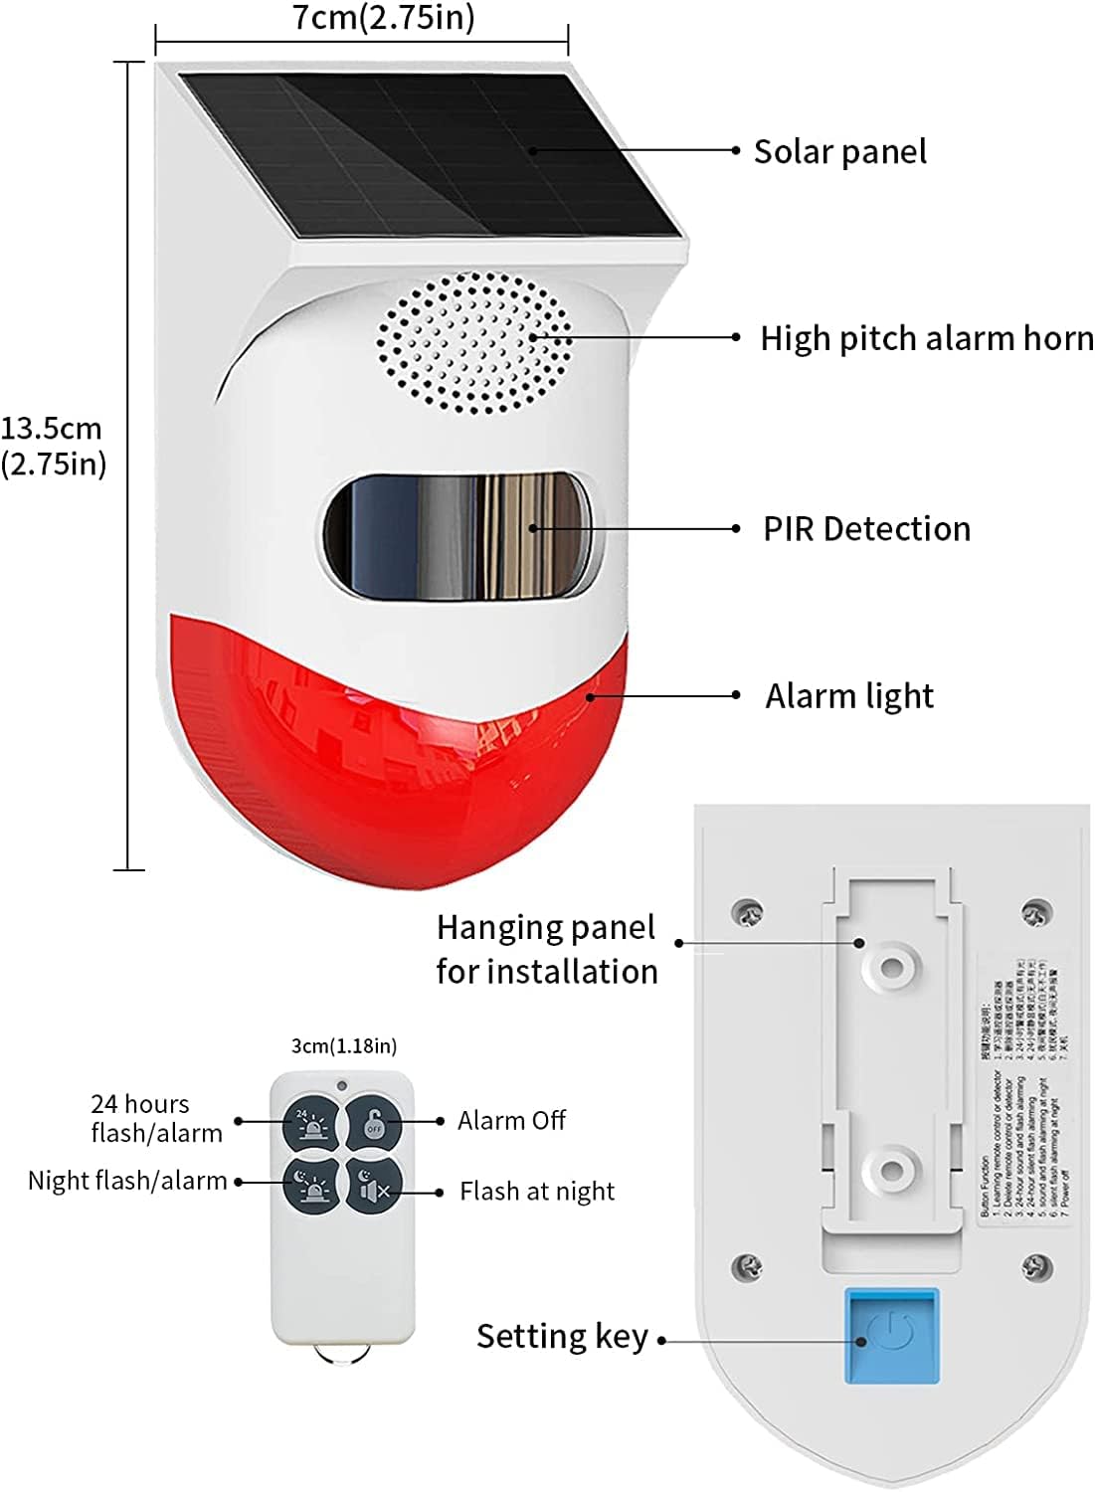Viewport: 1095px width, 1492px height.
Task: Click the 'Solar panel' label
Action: click(839, 152)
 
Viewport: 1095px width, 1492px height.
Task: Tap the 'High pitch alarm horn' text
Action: click(926, 338)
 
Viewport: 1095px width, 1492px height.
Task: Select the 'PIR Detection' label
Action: click(866, 529)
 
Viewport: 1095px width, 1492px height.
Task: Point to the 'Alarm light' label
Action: click(849, 696)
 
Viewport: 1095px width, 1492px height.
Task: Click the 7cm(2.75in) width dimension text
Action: click(384, 18)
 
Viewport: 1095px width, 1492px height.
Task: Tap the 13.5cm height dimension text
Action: click(53, 446)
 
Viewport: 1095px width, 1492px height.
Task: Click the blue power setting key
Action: click(892, 1335)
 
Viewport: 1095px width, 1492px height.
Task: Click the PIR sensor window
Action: click(459, 536)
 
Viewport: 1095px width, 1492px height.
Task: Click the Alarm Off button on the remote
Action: click(374, 1122)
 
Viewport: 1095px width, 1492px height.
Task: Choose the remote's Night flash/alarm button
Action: click(312, 1184)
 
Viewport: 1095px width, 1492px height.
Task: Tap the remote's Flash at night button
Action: click(374, 1184)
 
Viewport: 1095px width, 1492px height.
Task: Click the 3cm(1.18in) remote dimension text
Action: click(343, 1045)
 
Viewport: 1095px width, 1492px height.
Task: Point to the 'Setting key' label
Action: click(562, 1336)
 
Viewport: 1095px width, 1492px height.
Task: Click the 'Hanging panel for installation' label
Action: click(547, 949)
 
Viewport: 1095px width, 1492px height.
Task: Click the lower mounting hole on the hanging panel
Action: click(892, 1169)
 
